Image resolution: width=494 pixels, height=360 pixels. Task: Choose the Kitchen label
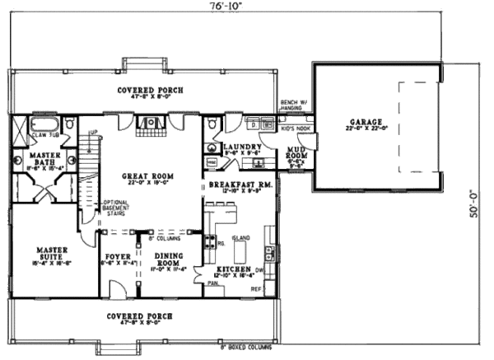coord(233,270)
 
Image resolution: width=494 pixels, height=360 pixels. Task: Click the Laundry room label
coord(241,145)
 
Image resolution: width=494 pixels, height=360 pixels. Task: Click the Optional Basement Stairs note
coord(115,208)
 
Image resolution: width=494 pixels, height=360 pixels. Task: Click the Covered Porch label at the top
coord(150,90)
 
